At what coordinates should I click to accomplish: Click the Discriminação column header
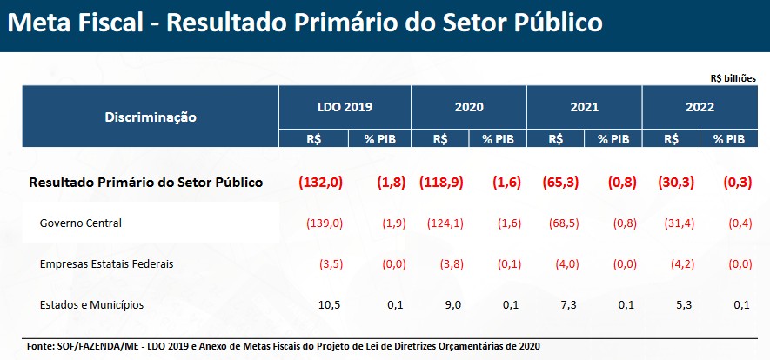tap(151, 116)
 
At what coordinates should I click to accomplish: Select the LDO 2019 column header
tap(345, 108)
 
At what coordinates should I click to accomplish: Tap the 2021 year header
tap(584, 108)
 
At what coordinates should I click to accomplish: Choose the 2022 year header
tap(700, 108)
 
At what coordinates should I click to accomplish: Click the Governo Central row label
tap(81, 223)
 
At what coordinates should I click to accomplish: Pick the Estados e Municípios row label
tap(91, 304)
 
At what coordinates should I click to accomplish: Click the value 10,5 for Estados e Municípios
tap(331, 305)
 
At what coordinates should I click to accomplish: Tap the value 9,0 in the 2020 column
tap(453, 305)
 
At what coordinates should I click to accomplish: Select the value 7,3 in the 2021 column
tap(569, 305)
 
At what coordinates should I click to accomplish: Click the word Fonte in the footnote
tap(41, 346)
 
